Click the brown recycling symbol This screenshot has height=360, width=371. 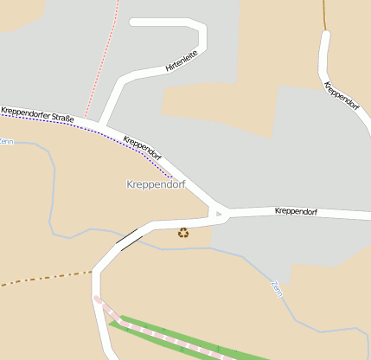[x=183, y=232]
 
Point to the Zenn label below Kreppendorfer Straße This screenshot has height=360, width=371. [x=7, y=141]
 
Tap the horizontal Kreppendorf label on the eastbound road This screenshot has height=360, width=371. [x=297, y=211]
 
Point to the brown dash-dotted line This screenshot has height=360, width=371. [x=43, y=279]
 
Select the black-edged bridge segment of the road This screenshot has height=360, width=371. [x=128, y=238]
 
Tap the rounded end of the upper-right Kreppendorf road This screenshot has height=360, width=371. [x=325, y=36]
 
